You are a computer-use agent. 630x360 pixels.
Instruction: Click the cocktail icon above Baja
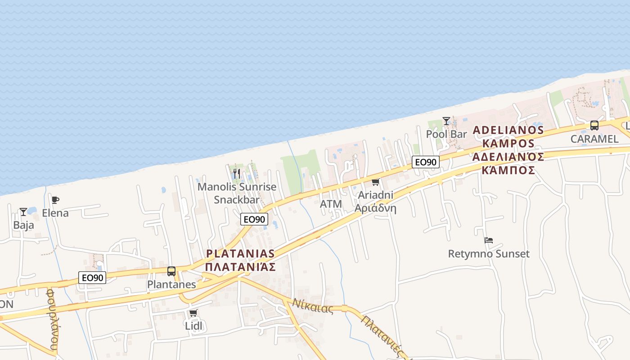click(23, 211)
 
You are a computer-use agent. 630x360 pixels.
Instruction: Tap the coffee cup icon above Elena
click(55, 200)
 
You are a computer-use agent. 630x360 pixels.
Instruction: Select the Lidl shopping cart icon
click(193, 313)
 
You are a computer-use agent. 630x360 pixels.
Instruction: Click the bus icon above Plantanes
click(171, 271)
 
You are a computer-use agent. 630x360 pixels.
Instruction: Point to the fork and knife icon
click(237, 173)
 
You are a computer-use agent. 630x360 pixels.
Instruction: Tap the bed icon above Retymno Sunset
click(489, 240)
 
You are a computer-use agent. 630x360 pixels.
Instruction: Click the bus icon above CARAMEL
click(594, 126)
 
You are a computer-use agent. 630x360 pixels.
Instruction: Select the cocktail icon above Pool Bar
click(446, 121)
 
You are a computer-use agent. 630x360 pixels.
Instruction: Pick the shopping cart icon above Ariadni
click(375, 182)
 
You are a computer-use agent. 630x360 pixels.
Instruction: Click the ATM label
click(331, 204)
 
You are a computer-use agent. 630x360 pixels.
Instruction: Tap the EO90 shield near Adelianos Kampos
click(426, 162)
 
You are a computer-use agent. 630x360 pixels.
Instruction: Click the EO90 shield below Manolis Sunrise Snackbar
click(254, 219)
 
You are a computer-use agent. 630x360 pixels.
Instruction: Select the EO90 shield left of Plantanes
click(92, 278)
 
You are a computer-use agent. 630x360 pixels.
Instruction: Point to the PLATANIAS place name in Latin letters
click(240, 253)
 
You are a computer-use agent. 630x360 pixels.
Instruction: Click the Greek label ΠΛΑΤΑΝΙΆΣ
click(240, 267)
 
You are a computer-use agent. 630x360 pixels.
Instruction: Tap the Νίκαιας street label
click(313, 306)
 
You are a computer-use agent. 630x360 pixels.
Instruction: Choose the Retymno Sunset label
click(489, 254)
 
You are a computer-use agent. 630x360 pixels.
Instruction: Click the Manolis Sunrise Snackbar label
click(237, 193)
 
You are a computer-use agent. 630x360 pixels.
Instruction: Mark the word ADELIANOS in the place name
click(508, 130)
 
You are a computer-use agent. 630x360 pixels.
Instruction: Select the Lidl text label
click(193, 325)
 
